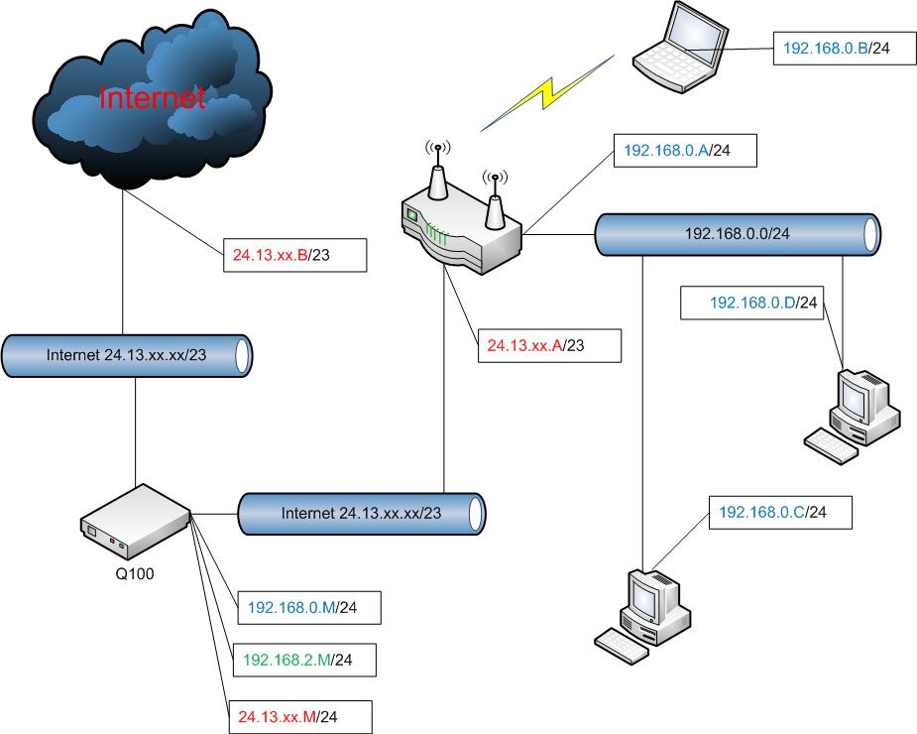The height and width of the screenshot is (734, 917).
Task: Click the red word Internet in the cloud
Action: [152, 97]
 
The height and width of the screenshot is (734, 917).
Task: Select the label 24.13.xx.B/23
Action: [294, 255]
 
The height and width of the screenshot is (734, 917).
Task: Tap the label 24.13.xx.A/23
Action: [548, 345]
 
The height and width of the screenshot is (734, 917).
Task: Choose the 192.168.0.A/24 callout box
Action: [685, 152]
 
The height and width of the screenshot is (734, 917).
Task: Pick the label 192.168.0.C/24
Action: [772, 513]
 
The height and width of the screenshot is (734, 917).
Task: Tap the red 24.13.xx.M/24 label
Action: [300, 713]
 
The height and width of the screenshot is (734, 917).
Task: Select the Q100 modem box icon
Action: [135, 522]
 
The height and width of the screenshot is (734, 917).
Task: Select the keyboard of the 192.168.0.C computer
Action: [622, 646]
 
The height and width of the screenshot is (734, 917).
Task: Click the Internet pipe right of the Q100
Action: [361, 514]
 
